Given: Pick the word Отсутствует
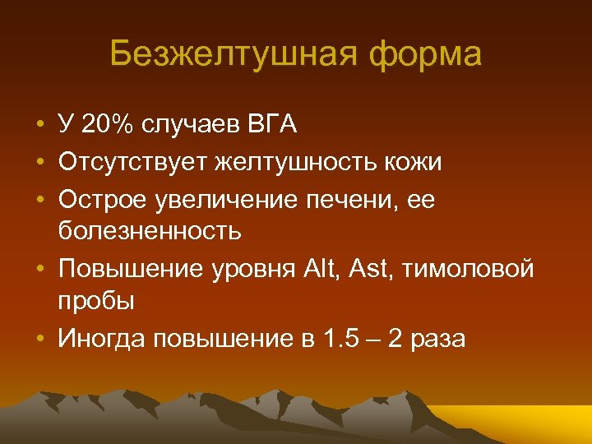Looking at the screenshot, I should tap(132, 162).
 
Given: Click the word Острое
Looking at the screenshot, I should tap(98, 198).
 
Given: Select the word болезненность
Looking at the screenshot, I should tap(150, 231).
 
